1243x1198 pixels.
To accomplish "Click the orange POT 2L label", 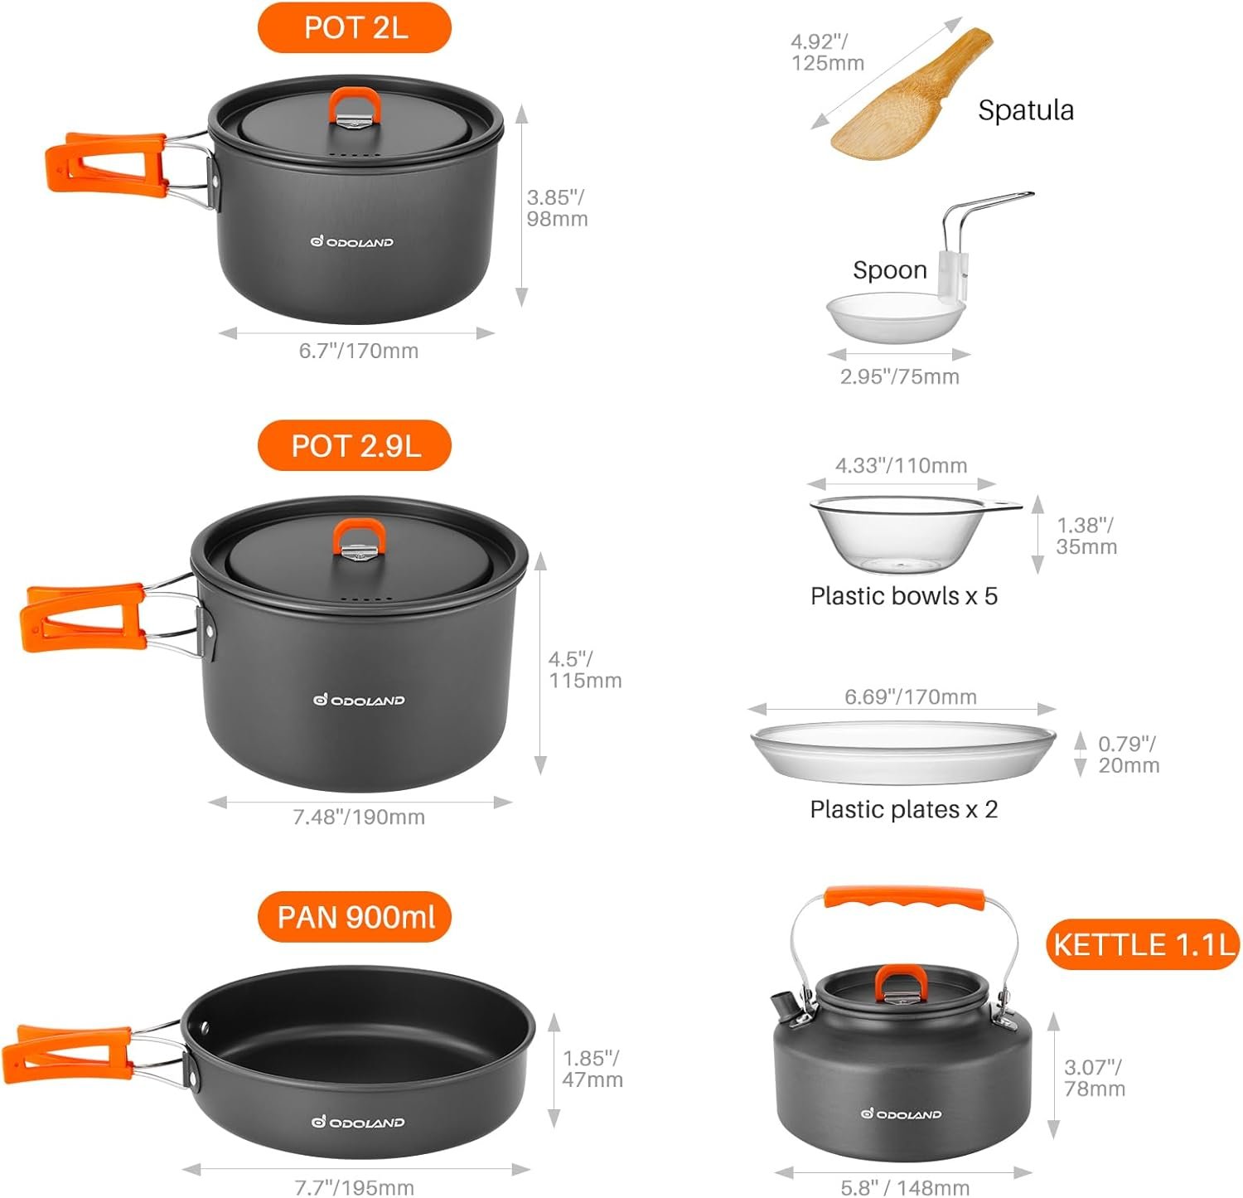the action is pos(355,27).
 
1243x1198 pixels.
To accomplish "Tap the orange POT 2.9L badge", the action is pos(355,446).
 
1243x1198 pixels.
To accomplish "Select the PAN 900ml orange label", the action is pos(355,917).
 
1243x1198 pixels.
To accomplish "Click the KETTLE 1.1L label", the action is pos(1144,944).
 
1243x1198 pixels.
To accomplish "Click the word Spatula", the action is pos(1025,110).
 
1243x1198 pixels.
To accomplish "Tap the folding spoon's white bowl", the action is pos(895,315).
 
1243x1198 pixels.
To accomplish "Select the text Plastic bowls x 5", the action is pos(903,596).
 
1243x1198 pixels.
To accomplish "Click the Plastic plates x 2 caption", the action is pos(903,809).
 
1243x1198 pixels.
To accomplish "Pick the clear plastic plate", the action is pos(903,751).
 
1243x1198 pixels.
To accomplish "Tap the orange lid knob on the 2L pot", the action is pos(355,107).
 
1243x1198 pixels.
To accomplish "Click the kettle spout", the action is pos(784,1006).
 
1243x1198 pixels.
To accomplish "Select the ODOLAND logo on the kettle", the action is pos(901,1113).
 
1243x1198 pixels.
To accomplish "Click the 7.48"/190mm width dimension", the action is pos(359,817).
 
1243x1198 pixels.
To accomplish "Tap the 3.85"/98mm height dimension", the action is pos(557,208).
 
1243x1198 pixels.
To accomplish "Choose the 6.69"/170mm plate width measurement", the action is pos(910,696).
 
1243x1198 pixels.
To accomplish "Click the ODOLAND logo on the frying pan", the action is pos(358,1122).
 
